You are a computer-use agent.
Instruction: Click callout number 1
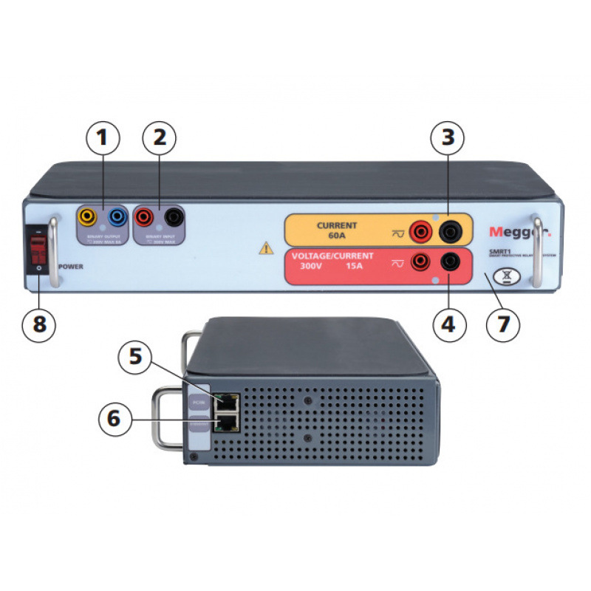pos(102,137)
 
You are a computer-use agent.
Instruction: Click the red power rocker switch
pos(36,255)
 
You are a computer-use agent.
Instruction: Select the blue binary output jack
pos(116,217)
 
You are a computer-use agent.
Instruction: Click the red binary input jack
pos(145,217)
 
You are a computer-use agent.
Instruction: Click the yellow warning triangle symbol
pos(266,248)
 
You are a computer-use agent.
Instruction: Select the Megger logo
pos(519,232)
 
